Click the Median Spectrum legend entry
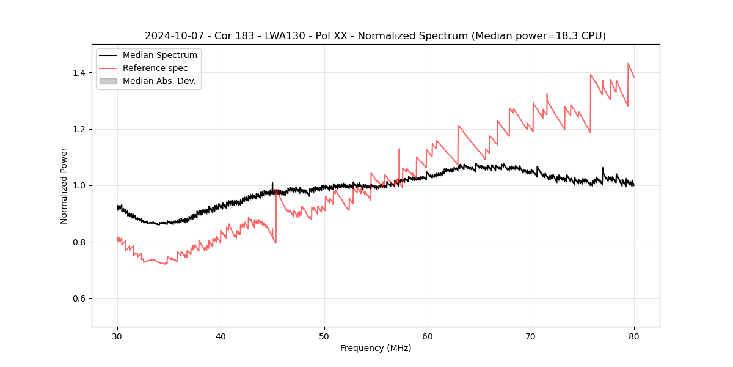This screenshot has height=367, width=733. click(159, 56)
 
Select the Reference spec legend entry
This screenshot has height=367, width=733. click(155, 68)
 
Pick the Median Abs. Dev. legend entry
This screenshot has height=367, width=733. click(159, 81)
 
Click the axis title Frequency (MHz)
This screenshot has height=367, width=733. click(376, 348)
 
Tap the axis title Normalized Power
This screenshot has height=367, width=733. click(64, 185)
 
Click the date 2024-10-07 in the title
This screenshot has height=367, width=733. click(173, 36)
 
